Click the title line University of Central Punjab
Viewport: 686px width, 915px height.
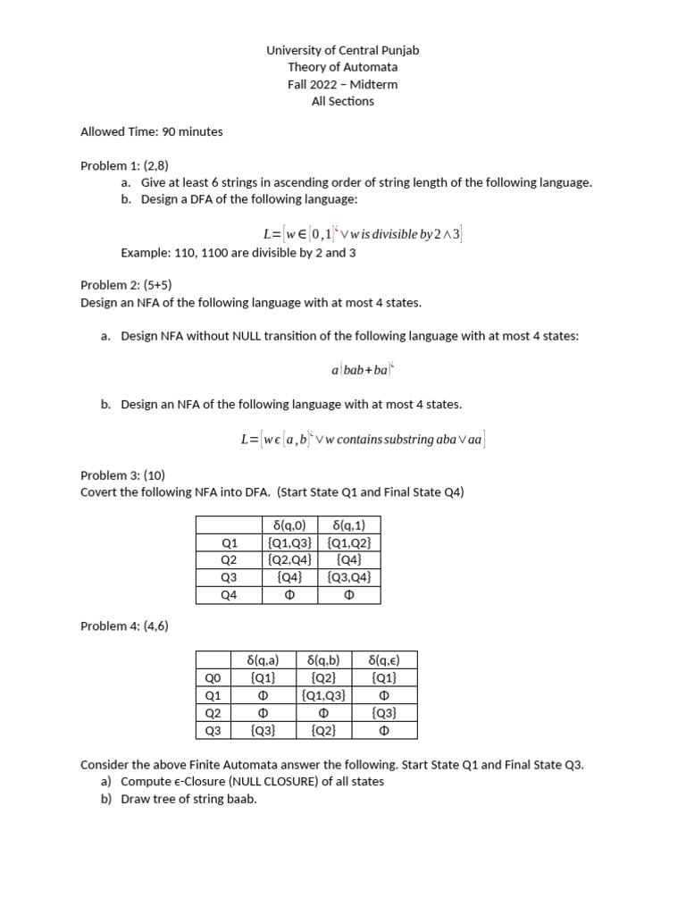tap(342, 50)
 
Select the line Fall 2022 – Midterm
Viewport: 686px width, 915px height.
tap(342, 84)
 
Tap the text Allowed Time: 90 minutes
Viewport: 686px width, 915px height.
tap(151, 131)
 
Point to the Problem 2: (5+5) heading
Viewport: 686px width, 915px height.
tap(126, 285)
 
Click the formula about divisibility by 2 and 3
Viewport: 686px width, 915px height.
tap(362, 234)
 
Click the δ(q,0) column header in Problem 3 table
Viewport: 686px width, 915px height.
tap(289, 525)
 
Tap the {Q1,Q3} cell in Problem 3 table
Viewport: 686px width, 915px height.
tap(289, 542)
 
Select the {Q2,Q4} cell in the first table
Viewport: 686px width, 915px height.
tap(289, 559)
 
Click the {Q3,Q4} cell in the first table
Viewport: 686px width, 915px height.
tap(348, 577)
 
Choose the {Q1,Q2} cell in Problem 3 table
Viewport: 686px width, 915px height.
tap(348, 542)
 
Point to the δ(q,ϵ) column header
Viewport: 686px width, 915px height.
tap(384, 660)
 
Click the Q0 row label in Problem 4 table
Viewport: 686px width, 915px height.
tap(213, 678)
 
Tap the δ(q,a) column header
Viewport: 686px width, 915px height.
tap(263, 660)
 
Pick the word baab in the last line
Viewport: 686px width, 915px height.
tap(240, 799)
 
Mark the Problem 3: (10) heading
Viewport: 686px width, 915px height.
tap(122, 474)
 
